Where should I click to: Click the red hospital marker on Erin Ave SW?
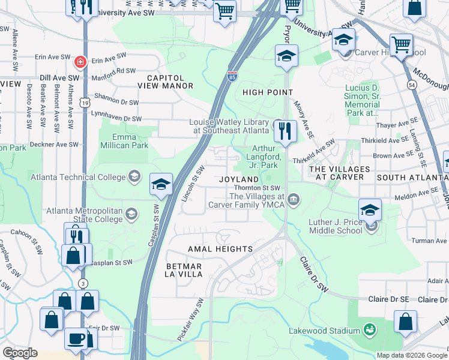coord(79,61)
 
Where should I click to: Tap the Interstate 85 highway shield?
coord(232,76)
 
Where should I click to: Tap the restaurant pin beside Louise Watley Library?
coord(285,130)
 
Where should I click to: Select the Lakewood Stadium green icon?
coord(370,330)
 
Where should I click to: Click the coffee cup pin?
coord(76,337)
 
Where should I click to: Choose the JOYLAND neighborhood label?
coord(239,179)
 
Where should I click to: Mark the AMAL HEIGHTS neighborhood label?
coord(220,248)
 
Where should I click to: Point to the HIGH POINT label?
coord(268,92)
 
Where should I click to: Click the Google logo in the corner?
coord(20,353)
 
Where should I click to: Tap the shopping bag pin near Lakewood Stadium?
coord(406,321)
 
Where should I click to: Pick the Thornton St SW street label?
coord(258,188)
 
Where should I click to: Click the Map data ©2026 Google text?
coord(411,355)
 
